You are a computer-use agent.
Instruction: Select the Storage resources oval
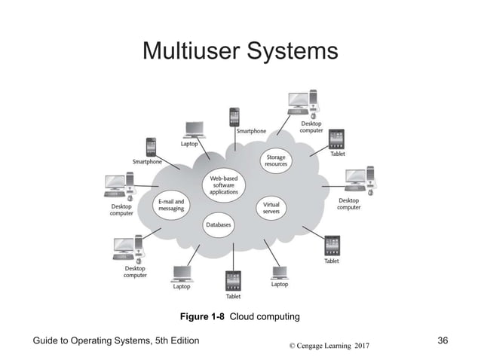pos(275,160)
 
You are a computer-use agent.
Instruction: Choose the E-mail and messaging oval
pos(171,205)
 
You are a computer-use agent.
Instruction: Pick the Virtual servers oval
pos(271,206)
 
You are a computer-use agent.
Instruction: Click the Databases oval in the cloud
pos(218,224)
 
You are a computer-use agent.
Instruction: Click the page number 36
pos(443,341)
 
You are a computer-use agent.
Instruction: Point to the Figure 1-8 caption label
pos(203,315)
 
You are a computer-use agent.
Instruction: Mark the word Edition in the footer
pos(180,341)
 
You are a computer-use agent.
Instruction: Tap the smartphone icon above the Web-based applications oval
pos(234,117)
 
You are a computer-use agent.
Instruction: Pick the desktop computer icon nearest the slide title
pos(299,103)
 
